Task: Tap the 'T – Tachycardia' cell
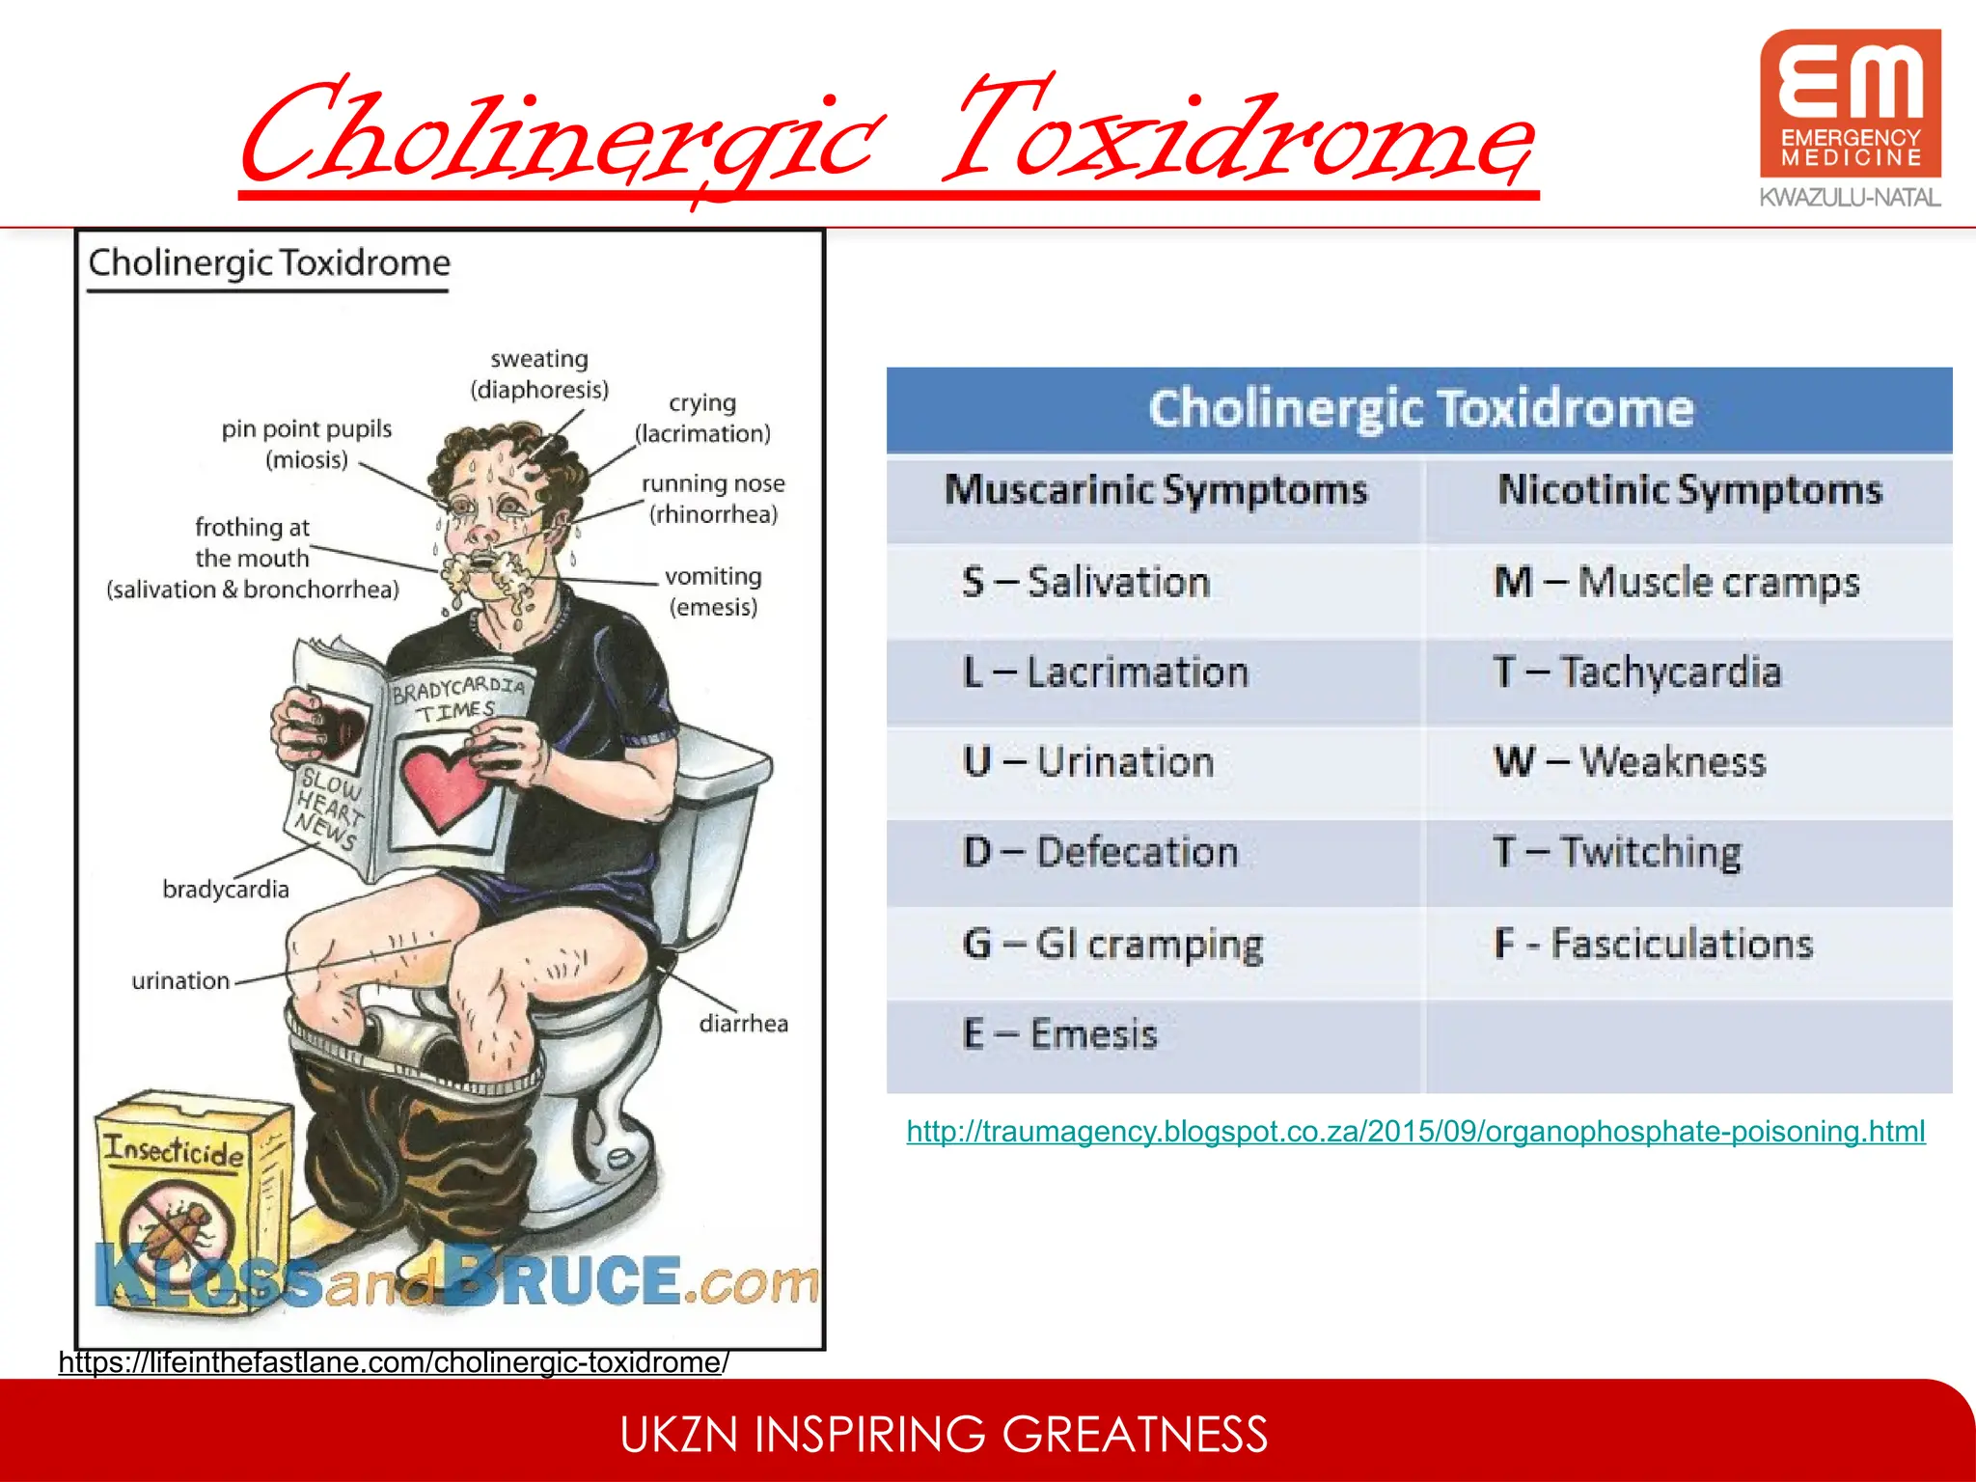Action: point(1636,672)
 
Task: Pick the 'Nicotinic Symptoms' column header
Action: point(1689,490)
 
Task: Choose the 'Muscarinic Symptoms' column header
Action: point(1156,490)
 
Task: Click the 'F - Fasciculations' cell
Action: point(1654,944)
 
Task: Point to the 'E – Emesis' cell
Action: point(1059,1034)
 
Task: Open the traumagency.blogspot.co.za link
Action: point(1415,1131)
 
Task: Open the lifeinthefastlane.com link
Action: point(394,1362)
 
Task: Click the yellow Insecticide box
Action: point(178,1196)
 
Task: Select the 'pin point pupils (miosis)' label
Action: point(307,444)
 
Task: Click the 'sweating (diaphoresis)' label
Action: point(539,374)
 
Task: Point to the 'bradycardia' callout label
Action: point(226,889)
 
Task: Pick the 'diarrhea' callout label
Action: point(743,1024)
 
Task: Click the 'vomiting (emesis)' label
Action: point(713,591)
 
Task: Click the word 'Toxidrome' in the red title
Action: point(1240,135)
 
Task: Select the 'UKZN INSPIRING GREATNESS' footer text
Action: point(944,1435)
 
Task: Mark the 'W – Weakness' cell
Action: point(1631,762)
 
